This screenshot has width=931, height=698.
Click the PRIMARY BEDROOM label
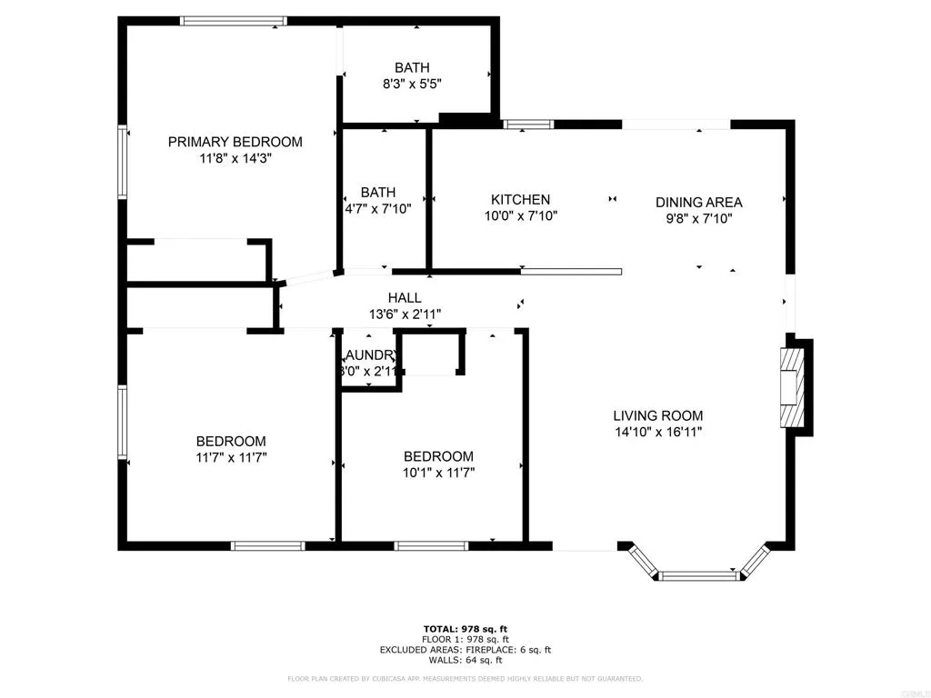(235, 142)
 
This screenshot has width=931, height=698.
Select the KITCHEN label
(520, 200)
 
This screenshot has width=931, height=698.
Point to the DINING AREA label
(698, 203)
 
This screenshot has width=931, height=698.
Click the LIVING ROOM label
(657, 416)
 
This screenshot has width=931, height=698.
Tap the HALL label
(405, 298)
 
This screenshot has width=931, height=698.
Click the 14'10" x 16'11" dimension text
(657, 433)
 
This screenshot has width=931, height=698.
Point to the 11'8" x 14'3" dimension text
(235, 158)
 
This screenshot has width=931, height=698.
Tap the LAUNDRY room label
(369, 355)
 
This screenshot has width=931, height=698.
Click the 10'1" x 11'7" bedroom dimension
(438, 473)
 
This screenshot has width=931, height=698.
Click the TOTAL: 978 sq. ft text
(465, 629)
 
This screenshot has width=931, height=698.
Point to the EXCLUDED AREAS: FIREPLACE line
(465, 650)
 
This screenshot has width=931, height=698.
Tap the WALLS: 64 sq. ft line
(465, 660)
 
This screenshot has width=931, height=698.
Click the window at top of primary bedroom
(234, 21)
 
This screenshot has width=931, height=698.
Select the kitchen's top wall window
(528, 125)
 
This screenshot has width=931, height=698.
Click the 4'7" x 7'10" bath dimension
(378, 208)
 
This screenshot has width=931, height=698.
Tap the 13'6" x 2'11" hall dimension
(405, 314)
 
